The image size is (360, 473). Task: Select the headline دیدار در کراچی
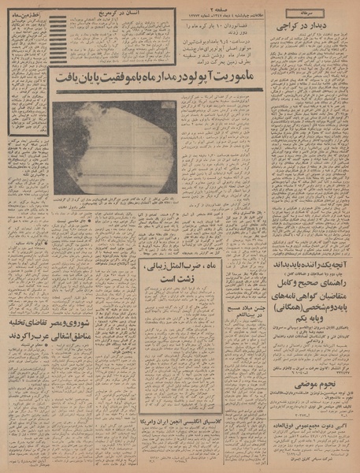click(309, 28)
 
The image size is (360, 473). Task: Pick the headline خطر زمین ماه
click(24, 14)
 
